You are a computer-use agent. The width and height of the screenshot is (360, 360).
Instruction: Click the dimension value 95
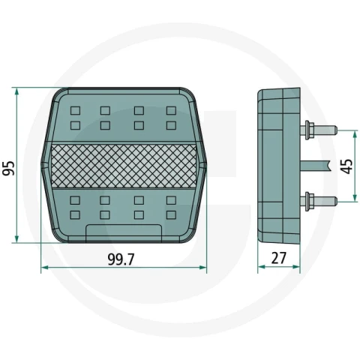pyautogui.click(x=8, y=168)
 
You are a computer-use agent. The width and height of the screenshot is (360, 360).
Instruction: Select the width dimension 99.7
pyautogui.click(x=121, y=259)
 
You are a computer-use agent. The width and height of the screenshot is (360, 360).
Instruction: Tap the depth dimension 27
pyautogui.click(x=278, y=258)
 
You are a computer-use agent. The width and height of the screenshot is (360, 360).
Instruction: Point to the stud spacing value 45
pyautogui.click(x=347, y=166)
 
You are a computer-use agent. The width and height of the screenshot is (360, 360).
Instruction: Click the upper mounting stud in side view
pyautogui.click(x=319, y=130)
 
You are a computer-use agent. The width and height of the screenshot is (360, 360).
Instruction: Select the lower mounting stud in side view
pyautogui.click(x=319, y=200)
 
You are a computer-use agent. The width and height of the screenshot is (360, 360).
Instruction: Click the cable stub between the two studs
pyautogui.click(x=315, y=166)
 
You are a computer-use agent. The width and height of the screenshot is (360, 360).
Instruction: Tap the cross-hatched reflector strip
pyautogui.click(x=124, y=166)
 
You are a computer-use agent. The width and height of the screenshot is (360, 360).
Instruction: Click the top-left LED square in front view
pyautogui.click(x=75, y=110)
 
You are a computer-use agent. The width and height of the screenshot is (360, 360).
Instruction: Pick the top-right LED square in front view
pyautogui.click(x=171, y=110)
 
